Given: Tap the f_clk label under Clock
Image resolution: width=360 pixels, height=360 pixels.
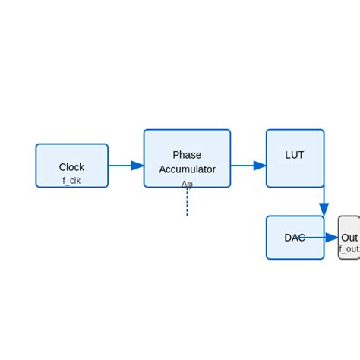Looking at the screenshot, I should tap(71, 181).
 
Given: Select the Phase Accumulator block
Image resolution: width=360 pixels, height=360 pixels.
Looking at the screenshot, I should tap(187, 144).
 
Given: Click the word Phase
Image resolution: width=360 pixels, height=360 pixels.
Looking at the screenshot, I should tap(187, 155).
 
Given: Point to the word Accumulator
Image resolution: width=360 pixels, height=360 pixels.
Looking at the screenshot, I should tap(187, 169).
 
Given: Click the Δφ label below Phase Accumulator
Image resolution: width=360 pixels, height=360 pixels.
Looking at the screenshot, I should tap(187, 184).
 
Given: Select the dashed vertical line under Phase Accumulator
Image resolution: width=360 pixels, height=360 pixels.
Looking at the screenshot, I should tap(187, 204).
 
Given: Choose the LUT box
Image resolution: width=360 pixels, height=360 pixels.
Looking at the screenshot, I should tap(295, 171).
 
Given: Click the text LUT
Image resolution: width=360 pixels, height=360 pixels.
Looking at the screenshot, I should tap(295, 155).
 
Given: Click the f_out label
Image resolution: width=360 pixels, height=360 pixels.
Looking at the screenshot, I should tap(349, 249).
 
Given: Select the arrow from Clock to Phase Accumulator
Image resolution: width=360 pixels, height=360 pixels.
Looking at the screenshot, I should tap(122, 166).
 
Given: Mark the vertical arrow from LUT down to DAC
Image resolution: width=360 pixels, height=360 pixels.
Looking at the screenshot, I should tap(324, 199).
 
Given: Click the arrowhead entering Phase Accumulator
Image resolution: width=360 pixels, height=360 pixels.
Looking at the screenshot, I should tap(137, 166).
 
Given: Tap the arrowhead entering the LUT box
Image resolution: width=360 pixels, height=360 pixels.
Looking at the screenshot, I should tap(260, 166).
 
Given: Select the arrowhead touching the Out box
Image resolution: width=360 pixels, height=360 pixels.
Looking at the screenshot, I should tap(332, 238).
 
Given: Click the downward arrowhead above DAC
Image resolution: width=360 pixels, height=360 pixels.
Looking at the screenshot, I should tap(324, 210).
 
